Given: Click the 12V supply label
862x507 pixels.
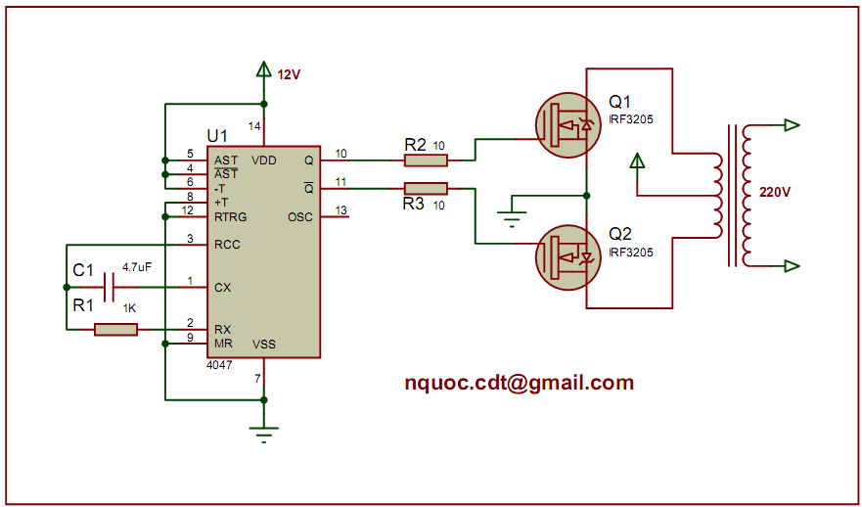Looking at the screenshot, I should tap(289, 74).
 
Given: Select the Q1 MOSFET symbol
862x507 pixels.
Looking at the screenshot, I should tap(567, 124).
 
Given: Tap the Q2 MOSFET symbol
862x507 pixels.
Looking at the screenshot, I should tap(567, 257).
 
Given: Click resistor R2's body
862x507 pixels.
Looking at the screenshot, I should tap(426, 160).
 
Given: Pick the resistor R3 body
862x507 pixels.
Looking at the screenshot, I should tap(426, 188).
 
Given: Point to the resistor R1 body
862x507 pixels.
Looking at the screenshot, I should tap(115, 330).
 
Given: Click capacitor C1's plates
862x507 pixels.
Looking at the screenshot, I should tap(109, 287).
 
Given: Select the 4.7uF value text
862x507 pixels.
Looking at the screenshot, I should tap(137, 266).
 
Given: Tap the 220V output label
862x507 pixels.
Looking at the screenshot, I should tap(774, 192).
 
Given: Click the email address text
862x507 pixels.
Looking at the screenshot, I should tap(519, 383).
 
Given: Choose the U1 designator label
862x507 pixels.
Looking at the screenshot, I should tap(217, 135).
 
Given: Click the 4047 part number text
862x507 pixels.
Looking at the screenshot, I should tap(219, 365).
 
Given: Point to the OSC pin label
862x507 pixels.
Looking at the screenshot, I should tap(300, 216).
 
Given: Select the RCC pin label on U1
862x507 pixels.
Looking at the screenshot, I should tap(227, 245).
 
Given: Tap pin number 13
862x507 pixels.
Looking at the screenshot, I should tap(340, 210).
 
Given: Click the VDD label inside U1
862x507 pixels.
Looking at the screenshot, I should tap(263, 160).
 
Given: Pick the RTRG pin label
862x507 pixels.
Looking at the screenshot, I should tap(231, 216).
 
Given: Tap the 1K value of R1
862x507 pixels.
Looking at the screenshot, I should tap(129, 309).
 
